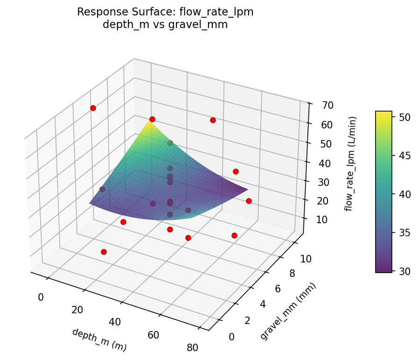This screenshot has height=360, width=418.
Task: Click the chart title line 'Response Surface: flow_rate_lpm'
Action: (165, 12)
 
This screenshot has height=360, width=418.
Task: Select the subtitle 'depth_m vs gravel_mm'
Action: (165, 25)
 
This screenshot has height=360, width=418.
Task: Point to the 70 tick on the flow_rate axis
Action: (327, 105)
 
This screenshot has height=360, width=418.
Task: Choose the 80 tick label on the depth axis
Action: (192, 347)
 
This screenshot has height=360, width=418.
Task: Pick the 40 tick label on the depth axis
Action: (115, 322)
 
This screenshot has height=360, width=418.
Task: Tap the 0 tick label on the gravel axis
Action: (232, 337)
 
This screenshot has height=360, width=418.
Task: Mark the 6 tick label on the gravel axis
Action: (278, 289)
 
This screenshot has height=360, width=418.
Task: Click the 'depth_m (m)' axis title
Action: (99, 339)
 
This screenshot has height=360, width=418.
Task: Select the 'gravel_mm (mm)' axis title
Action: (288, 311)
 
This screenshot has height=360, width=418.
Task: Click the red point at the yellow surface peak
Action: (152, 120)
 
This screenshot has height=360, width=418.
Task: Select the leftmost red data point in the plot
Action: (93, 108)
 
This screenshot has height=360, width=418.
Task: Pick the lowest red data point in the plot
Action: (104, 252)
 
